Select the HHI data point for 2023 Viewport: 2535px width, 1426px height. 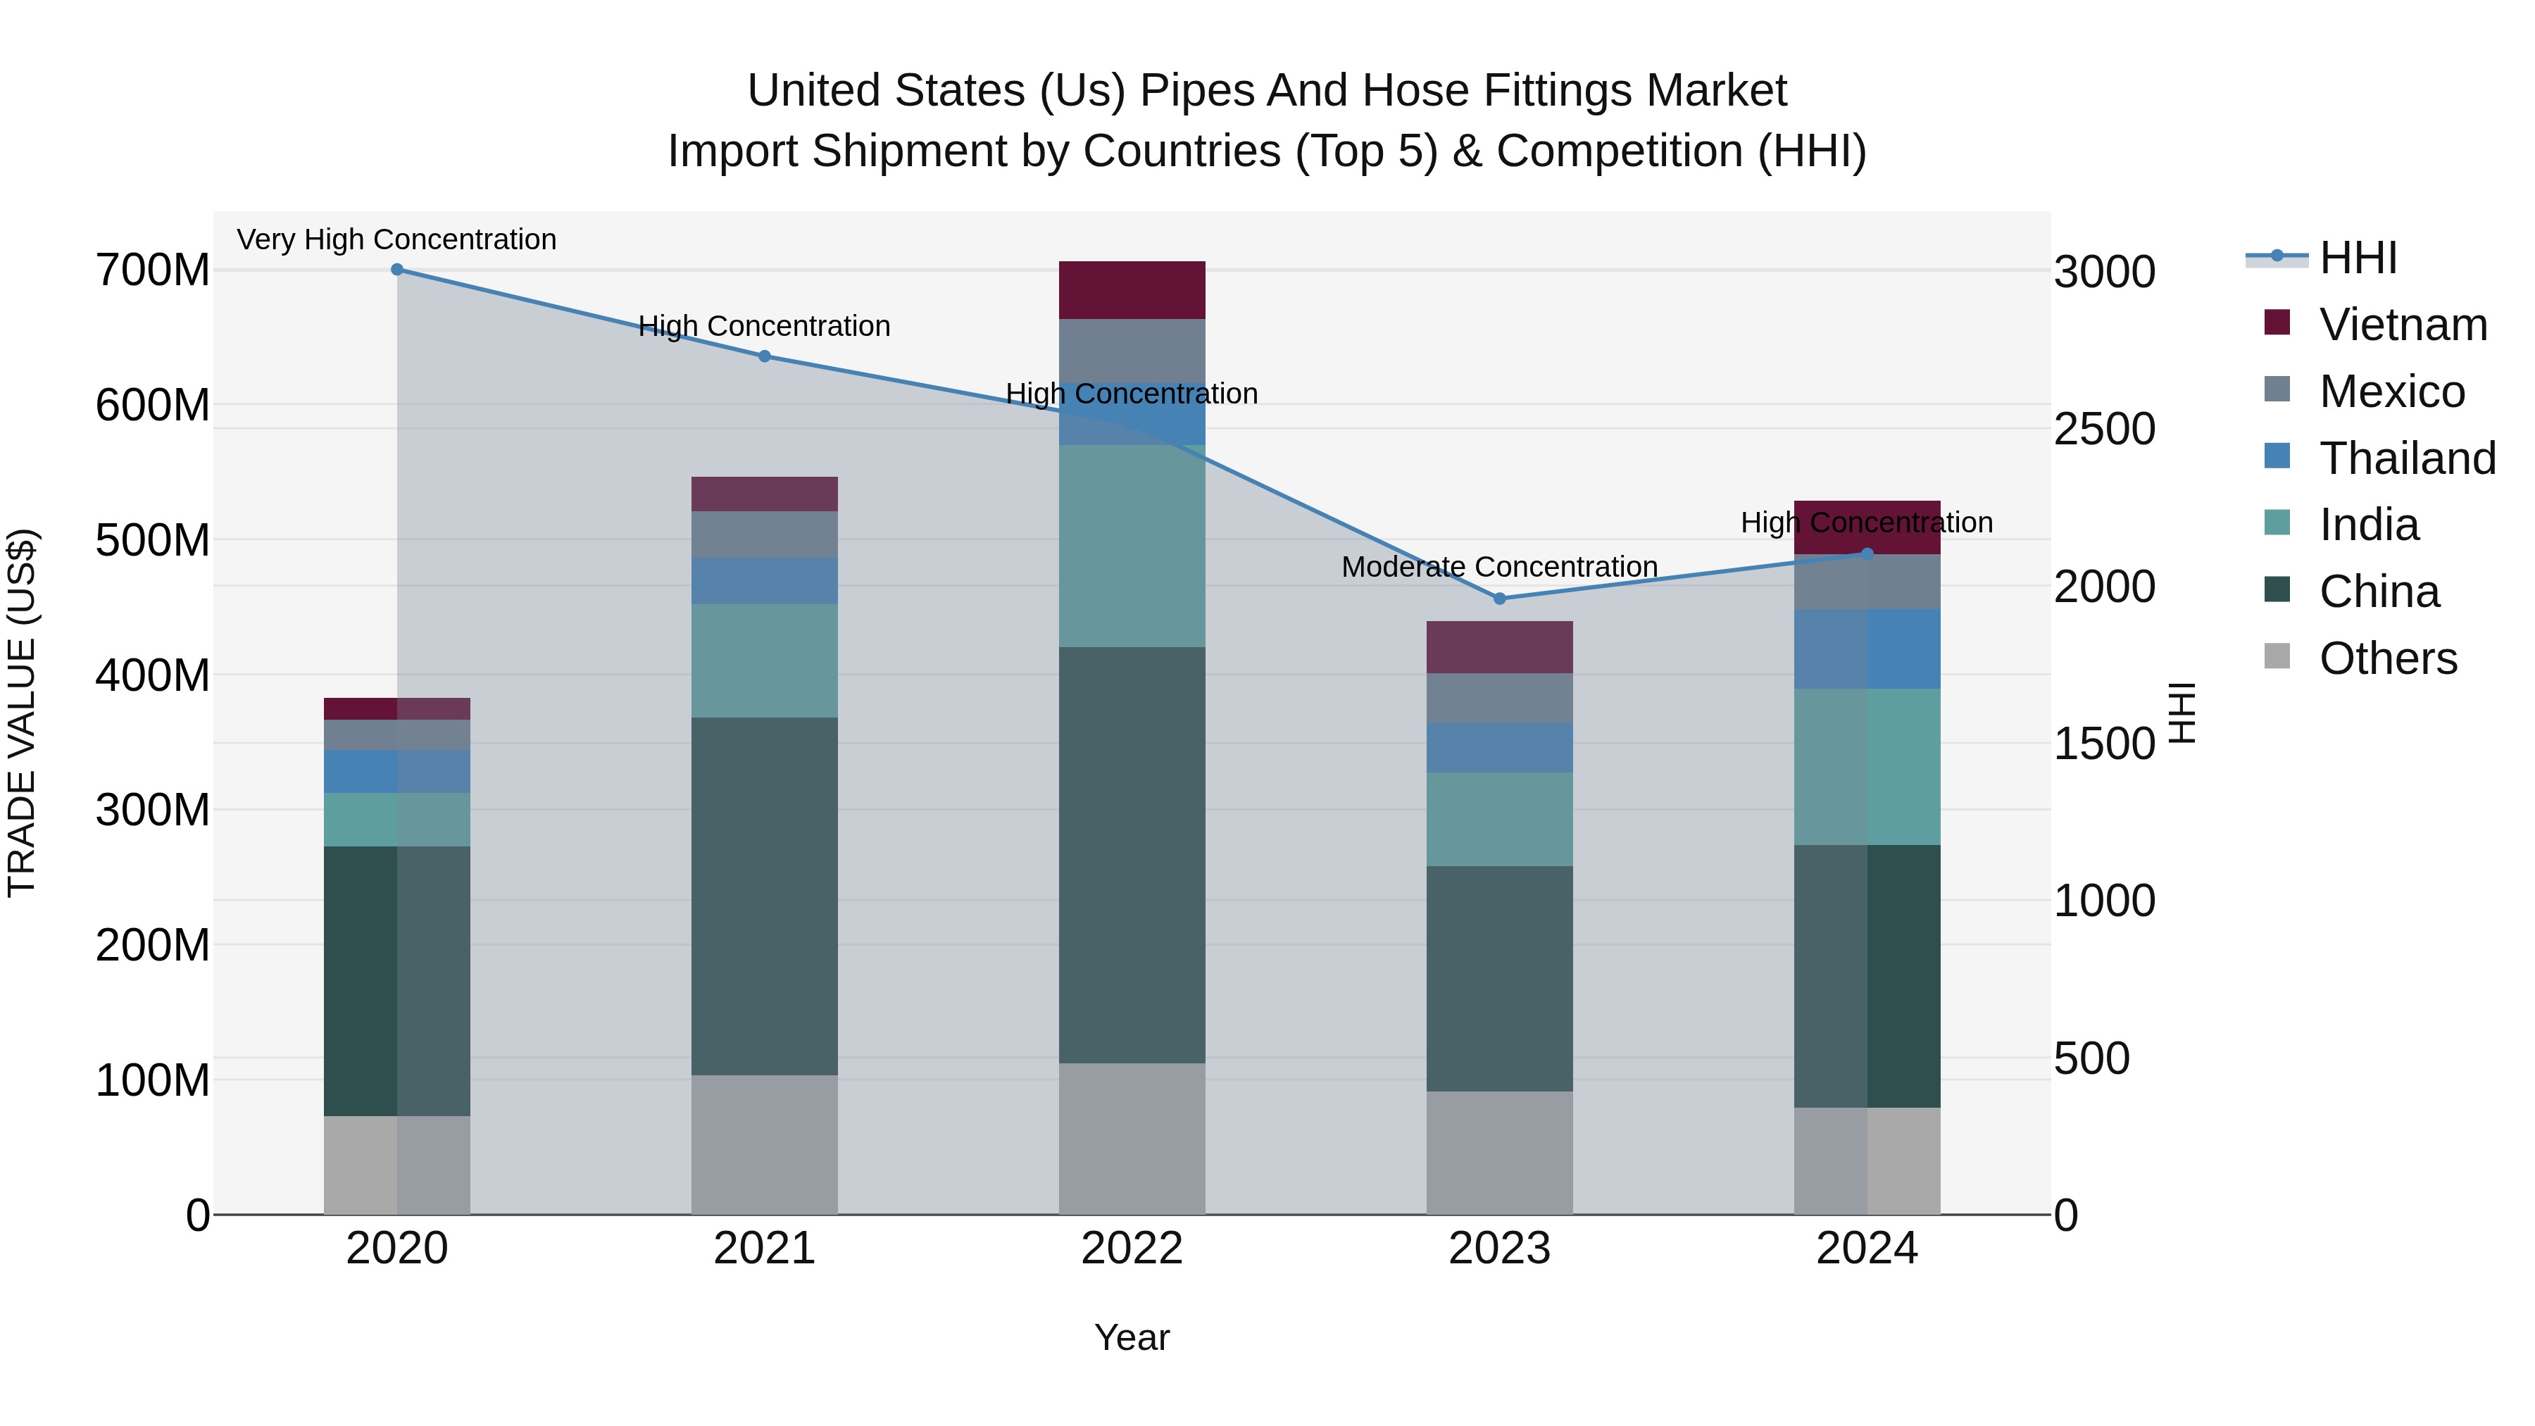[x=1500, y=599]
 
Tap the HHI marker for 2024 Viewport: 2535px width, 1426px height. [x=1867, y=554]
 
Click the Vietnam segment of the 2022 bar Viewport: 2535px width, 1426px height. [x=1132, y=290]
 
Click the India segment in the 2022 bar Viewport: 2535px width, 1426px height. [x=1132, y=546]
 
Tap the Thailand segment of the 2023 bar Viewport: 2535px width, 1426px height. [x=1500, y=748]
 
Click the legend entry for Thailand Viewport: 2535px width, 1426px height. [x=2407, y=458]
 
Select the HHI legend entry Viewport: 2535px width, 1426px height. [x=2358, y=258]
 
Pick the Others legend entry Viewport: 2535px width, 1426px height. [x=2387, y=658]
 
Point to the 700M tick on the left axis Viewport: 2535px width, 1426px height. [x=153, y=270]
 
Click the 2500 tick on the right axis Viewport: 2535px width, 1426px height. [x=2104, y=429]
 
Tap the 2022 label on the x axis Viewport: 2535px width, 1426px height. [x=1132, y=1249]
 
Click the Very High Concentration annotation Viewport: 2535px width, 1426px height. [x=396, y=239]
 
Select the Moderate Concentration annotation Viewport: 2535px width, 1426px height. [x=1500, y=567]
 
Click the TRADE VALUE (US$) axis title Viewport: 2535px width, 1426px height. [x=22, y=713]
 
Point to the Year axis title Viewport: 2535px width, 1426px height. [x=1132, y=1337]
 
